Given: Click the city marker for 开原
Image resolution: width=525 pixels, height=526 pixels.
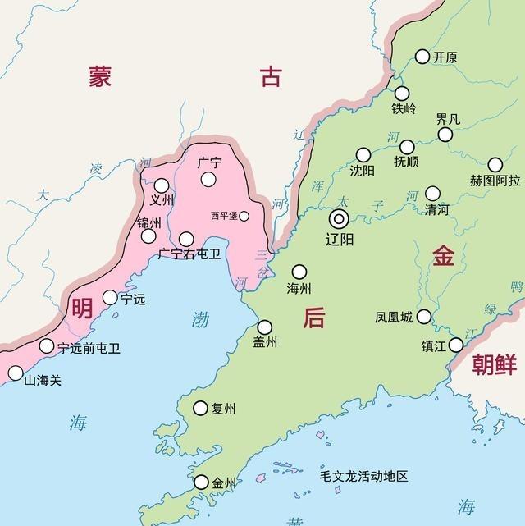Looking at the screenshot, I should coord(422,57).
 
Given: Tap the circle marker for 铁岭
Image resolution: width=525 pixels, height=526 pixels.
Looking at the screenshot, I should coord(402,94).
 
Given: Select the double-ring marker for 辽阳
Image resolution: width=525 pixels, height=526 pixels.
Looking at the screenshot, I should coord(339,219).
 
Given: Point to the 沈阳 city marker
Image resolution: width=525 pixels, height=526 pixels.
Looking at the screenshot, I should coord(363,155).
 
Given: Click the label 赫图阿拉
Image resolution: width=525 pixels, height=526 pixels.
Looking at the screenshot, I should coord(495,181).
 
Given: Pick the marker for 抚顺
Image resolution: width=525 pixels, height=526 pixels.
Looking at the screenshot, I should coord(407,147).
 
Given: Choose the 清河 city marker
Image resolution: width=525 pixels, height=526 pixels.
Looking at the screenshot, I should coord(432,194).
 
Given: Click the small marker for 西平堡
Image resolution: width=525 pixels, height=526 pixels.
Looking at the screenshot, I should coord(244,216).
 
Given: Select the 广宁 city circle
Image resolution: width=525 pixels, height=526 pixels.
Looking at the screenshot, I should coord(209,179).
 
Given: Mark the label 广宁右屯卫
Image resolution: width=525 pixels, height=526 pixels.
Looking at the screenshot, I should coord(189,254).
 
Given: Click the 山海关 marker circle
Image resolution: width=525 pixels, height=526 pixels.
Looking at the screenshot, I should coord(16,373).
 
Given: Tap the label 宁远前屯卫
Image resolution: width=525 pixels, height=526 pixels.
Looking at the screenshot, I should coord(89,348).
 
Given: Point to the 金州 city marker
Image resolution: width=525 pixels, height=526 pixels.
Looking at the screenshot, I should coord(201,483).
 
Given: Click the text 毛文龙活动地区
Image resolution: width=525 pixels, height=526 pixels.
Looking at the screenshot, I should coord(363,477).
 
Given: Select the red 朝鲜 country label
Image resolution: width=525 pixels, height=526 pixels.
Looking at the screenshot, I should coord(495,366).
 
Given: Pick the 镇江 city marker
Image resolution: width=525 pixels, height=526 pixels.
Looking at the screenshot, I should coord(456,345).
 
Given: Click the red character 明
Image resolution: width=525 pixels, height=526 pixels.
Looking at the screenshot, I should coord(82,309).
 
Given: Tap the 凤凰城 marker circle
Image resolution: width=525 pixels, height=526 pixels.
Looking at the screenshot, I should coord(424,317).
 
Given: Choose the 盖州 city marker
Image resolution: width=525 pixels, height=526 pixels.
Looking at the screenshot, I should coord(264,327).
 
